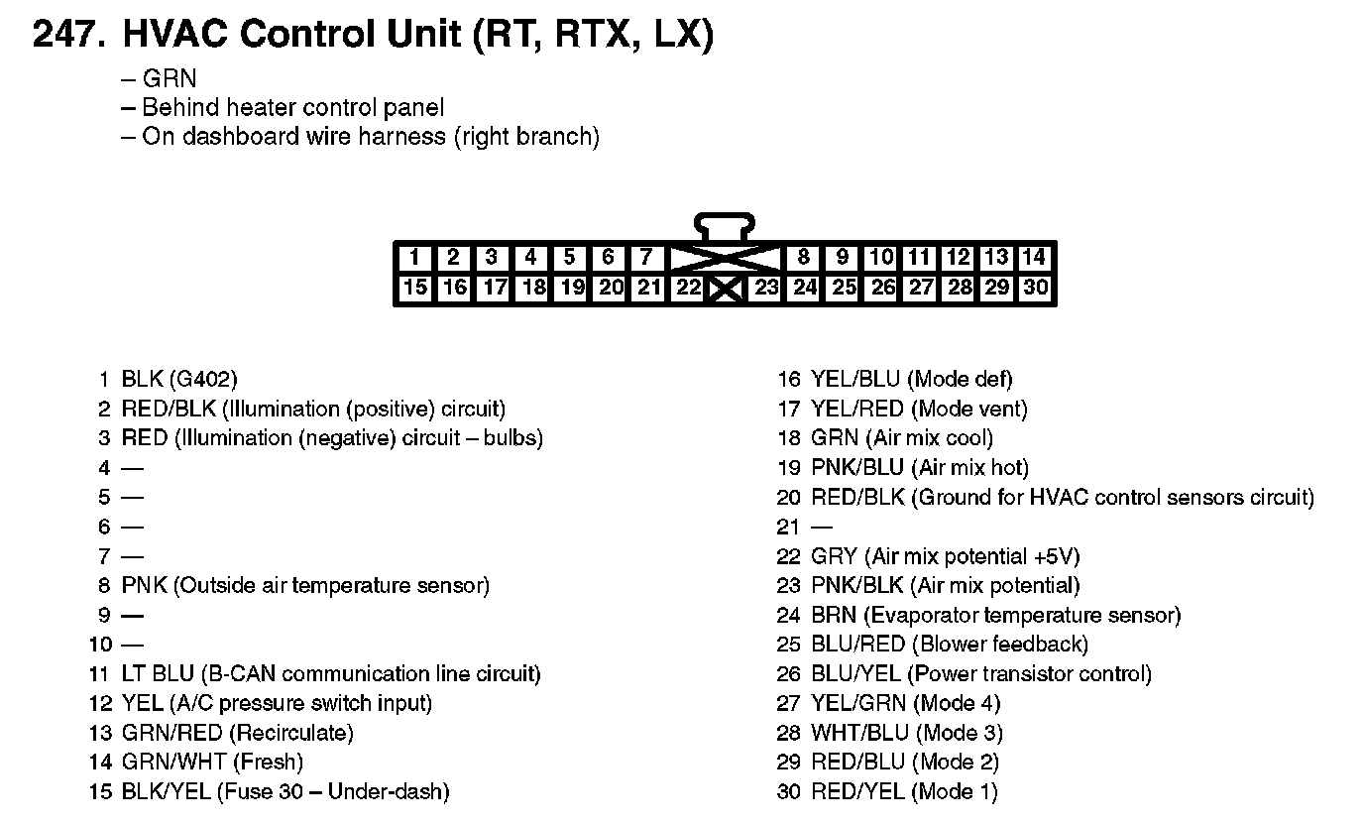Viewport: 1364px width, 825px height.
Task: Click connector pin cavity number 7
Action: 646,258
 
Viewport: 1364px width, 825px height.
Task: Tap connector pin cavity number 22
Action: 687,289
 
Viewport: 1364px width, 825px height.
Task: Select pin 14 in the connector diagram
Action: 1034,258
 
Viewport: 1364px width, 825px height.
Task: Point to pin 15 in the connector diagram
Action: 415,289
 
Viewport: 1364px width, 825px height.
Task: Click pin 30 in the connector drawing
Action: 1035,289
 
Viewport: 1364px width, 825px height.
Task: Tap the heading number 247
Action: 66,36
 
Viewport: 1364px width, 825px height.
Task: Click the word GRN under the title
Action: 170,78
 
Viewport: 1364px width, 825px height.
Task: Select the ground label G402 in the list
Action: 203,379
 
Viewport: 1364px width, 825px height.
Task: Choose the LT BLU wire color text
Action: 159,674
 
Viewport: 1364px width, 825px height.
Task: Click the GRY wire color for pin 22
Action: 835,556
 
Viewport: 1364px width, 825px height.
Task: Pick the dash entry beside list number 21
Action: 822,528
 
